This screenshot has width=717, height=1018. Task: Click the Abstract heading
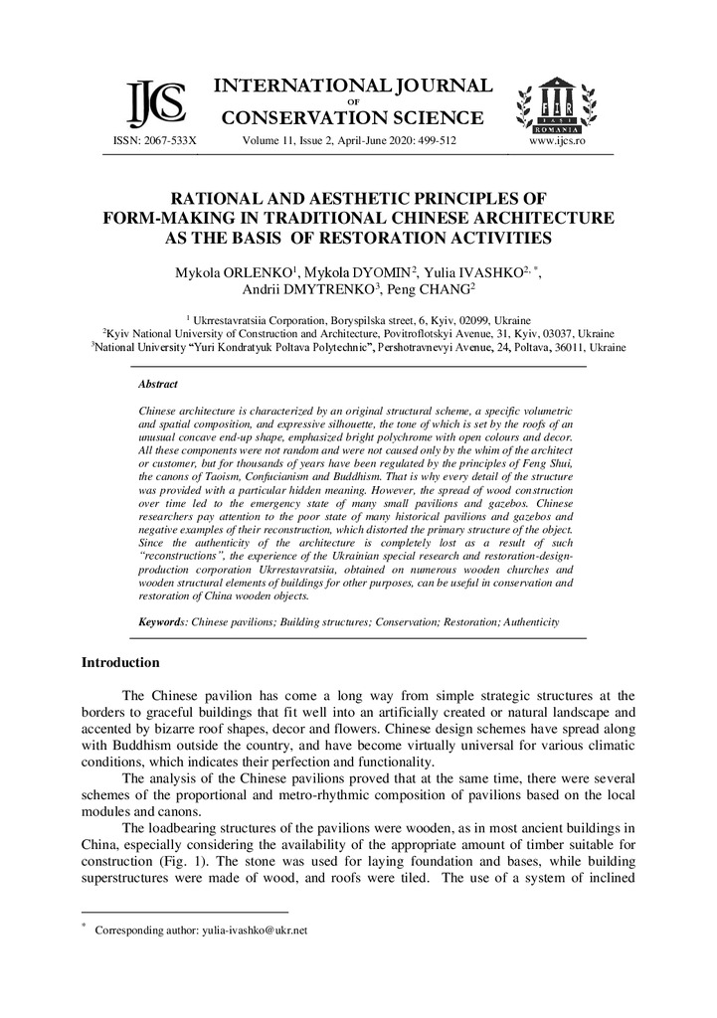tap(158, 384)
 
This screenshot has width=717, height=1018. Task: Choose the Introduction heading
tap(120, 662)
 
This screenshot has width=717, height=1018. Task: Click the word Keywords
tap(162, 621)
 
